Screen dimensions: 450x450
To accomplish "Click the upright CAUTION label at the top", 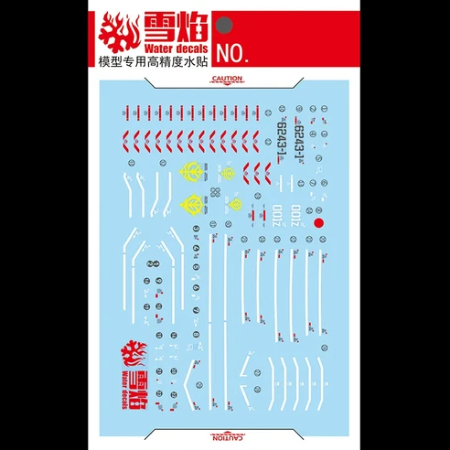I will point(226,79).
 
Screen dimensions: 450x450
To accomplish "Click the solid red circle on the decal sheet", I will point(319,220).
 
